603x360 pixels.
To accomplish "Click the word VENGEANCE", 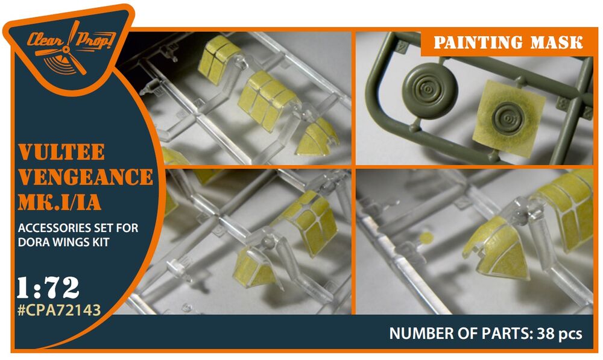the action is pos(86,177).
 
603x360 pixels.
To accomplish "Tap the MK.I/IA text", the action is pos(60,202).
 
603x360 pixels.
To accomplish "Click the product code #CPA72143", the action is pos(59,309).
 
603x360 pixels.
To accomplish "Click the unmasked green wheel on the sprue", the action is pos(429,91).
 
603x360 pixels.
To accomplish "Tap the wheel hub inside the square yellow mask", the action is pos(508,118).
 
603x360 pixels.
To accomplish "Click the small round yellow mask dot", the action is pos(426,238).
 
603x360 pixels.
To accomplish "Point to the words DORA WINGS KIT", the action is pos(63,242).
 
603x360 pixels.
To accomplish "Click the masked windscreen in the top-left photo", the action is pos(317,137).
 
